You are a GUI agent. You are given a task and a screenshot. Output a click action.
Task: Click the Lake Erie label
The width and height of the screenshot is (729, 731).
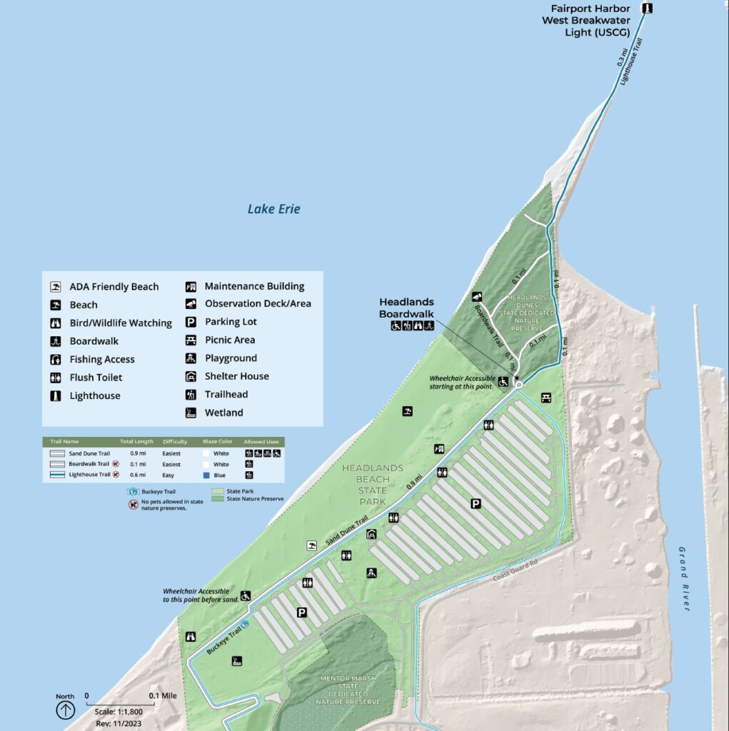273,209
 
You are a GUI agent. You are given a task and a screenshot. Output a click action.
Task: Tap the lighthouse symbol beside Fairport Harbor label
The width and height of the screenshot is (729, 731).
648,9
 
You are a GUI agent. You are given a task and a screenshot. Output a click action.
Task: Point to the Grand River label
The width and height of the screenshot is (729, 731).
684,578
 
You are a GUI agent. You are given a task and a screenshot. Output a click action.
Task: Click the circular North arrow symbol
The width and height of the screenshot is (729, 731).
66,710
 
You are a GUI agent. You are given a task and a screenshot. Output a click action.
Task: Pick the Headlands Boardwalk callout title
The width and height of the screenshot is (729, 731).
406,308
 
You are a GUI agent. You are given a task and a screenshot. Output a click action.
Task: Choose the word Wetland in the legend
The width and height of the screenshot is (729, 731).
223,413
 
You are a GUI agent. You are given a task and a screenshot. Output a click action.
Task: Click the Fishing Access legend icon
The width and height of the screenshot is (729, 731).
54,359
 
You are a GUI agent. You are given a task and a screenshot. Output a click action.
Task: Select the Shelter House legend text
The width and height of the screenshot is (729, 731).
236,376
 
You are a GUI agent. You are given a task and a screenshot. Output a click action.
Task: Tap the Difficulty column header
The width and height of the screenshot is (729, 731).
175,442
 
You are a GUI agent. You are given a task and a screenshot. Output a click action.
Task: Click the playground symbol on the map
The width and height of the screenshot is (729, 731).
371,573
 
